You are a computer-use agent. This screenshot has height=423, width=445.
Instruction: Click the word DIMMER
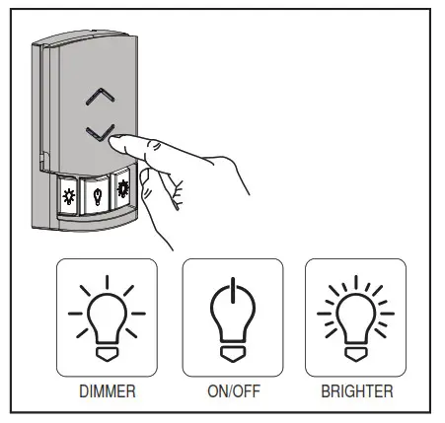(106, 392)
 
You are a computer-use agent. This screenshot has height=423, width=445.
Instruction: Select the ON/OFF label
(232, 392)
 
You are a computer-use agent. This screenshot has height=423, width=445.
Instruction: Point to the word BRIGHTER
(355, 392)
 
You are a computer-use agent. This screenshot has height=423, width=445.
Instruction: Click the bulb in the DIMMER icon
(106, 316)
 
